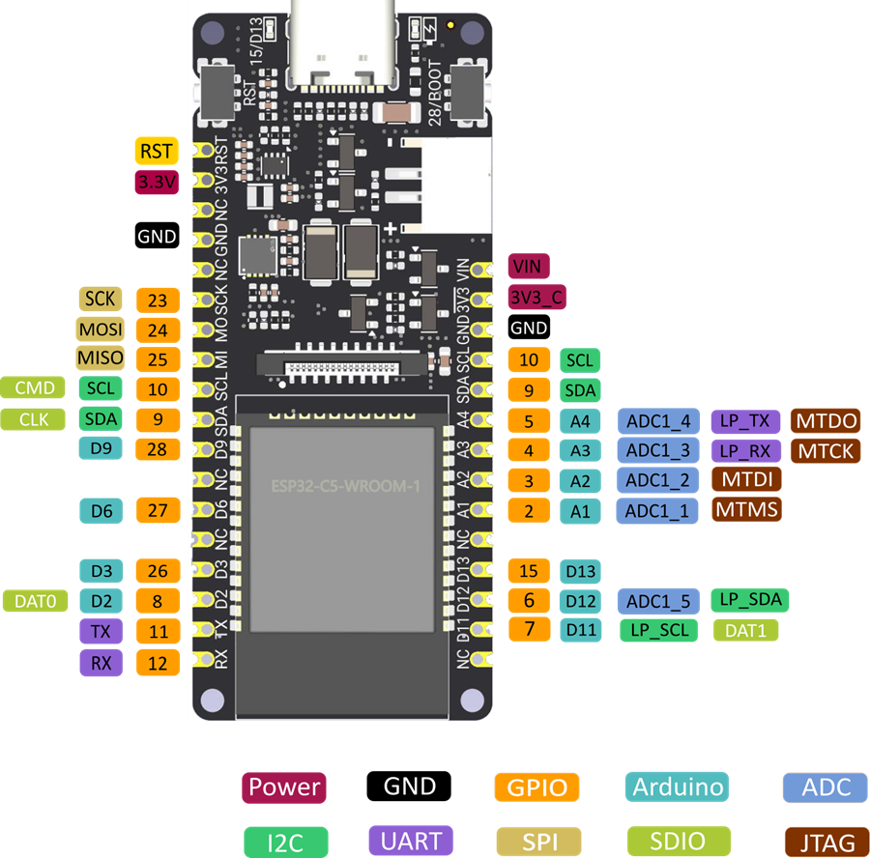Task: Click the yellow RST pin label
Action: [x=156, y=151]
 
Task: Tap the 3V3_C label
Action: [x=537, y=298]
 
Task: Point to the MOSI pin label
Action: [x=101, y=329]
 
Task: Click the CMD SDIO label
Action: [x=34, y=388]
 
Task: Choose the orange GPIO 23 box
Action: [x=159, y=300]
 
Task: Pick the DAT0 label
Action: [x=36, y=601]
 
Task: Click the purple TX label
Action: [x=101, y=632]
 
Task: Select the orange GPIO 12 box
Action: [x=159, y=662]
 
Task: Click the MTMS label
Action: [x=747, y=509]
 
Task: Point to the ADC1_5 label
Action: [x=657, y=601]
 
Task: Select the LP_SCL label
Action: [x=657, y=631]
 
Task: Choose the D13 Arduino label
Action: [x=581, y=571]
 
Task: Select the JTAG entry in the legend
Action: [x=821, y=842]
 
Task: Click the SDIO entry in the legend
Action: [x=678, y=841]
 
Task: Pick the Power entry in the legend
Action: [x=284, y=786]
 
